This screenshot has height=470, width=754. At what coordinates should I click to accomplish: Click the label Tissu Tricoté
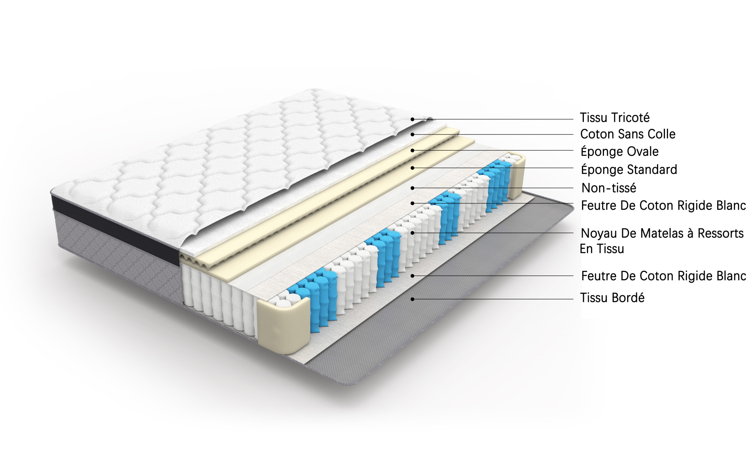pyautogui.click(x=615, y=117)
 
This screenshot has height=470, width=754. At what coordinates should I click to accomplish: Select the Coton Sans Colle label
pyautogui.click(x=628, y=134)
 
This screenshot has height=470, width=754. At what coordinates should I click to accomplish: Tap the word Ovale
pyautogui.click(x=641, y=151)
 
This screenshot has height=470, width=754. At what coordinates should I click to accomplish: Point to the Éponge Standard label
pyautogui.click(x=629, y=169)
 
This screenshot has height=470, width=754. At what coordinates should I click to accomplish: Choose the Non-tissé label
pyautogui.click(x=609, y=187)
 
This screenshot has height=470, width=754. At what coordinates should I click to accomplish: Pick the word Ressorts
pyautogui.click(x=721, y=233)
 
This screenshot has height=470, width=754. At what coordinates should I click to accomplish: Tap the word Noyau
pyautogui.click(x=599, y=233)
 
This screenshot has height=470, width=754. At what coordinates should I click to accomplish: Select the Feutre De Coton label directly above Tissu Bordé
pyautogui.click(x=663, y=276)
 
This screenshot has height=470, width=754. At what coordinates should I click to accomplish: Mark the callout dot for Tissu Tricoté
pyautogui.click(x=412, y=119)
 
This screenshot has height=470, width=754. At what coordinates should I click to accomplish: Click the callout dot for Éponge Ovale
pyautogui.click(x=412, y=150)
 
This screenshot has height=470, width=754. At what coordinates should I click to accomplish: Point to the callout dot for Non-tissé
pyautogui.click(x=412, y=188)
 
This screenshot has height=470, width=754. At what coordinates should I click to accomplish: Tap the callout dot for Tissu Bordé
pyautogui.click(x=412, y=299)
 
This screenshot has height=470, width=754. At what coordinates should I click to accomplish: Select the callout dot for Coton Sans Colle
pyautogui.click(x=412, y=134)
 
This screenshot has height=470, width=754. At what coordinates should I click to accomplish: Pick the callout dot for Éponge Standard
pyautogui.click(x=412, y=168)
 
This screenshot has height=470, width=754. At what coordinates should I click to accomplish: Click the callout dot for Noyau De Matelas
pyautogui.click(x=412, y=233)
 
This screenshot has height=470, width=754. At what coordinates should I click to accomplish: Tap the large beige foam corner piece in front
pyautogui.click(x=283, y=325)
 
